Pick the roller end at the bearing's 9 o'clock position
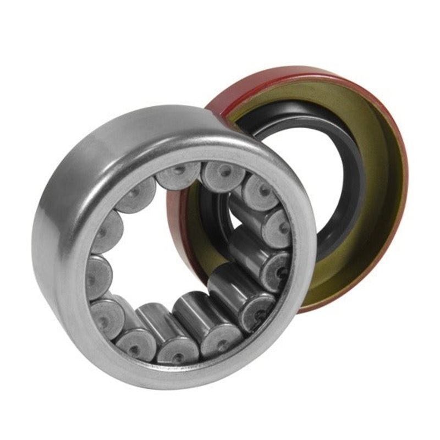click(x=99, y=272)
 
